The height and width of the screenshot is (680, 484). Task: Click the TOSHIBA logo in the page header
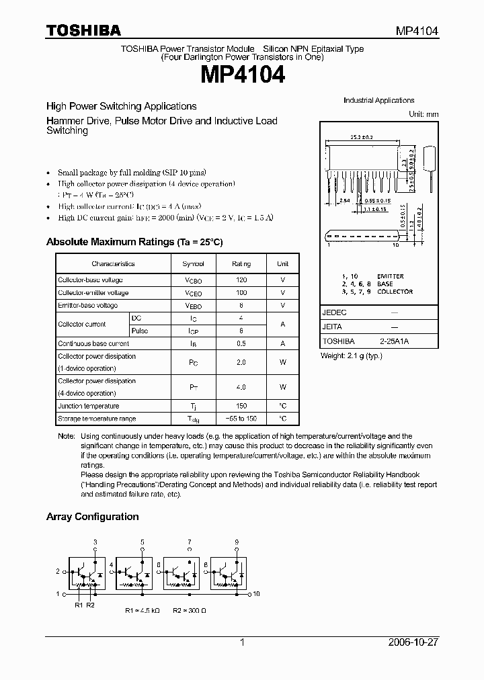point(83,30)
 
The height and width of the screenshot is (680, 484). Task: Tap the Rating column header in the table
point(241,264)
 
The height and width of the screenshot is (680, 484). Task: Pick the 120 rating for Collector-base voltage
point(241,280)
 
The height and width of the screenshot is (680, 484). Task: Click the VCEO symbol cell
point(193,293)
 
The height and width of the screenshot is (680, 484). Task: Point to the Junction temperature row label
point(88,406)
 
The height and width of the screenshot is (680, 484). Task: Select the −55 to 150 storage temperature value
point(241,419)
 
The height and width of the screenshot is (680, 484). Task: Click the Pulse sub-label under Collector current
point(140,331)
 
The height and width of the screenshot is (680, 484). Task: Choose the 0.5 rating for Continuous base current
point(241,343)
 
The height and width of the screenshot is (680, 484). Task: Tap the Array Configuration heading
point(92,517)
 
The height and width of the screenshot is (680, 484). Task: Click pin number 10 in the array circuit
point(256,594)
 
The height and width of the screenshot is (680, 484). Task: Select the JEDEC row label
point(332,312)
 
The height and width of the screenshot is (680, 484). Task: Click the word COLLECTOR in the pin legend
point(395,292)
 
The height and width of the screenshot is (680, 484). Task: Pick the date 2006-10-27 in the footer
point(413,642)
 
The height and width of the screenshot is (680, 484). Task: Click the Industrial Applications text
point(378,100)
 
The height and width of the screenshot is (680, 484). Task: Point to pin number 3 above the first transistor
point(95,542)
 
